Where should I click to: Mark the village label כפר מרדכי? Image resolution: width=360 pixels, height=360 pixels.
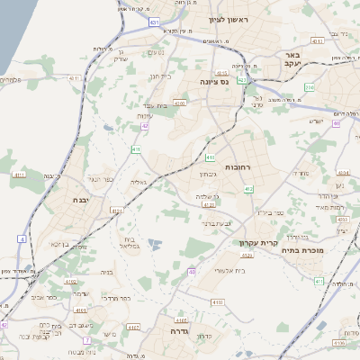coord(114,297)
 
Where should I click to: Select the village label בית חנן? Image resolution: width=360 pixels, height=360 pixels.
coord(158,76)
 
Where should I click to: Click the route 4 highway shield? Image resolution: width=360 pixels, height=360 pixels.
coord(22,239)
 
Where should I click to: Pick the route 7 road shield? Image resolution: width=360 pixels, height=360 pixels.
coord(87,340)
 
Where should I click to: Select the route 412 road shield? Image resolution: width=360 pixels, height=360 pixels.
coord(249,188)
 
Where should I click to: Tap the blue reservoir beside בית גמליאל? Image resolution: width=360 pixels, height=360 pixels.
coord(154,243)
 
